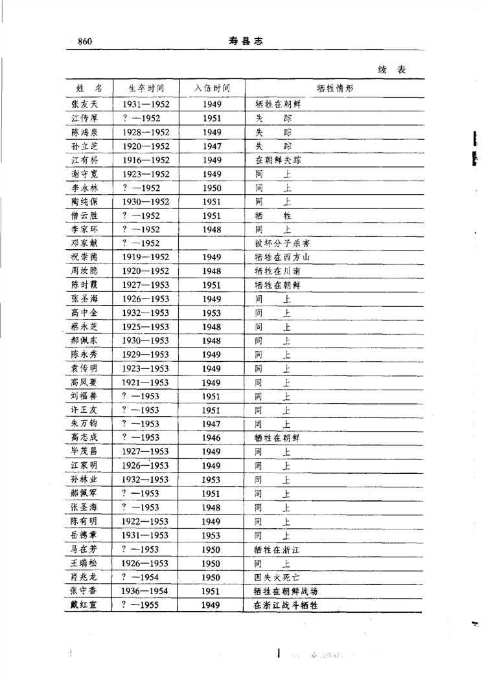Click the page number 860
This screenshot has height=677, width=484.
tap(85, 42)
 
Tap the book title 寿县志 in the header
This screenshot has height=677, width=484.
tap(245, 41)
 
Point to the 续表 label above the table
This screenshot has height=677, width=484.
tap(392, 69)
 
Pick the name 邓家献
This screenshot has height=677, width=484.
tap(84, 243)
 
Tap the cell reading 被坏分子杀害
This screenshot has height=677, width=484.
tap(281, 243)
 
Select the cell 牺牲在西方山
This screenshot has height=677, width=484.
tap(281, 257)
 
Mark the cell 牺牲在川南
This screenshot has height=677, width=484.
tap(277, 271)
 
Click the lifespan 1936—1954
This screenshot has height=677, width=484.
tap(145, 591)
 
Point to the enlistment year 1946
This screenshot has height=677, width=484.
tap(211, 438)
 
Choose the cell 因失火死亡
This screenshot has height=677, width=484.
tap(277, 577)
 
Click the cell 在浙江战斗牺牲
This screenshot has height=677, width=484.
tap(285, 605)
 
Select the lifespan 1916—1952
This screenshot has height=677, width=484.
tap(145, 160)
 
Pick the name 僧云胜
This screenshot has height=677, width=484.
tap(84, 216)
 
